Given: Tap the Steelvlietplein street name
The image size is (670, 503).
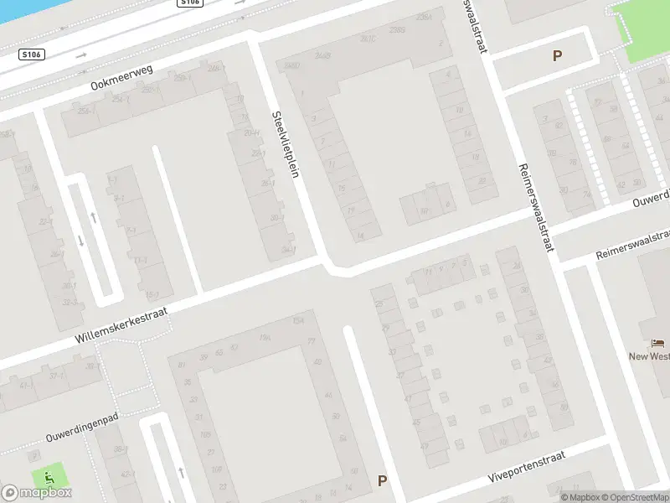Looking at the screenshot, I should coord(286,144).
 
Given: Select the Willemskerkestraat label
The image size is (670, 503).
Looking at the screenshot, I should coord(121,325).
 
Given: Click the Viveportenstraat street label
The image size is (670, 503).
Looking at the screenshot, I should coord(527,467).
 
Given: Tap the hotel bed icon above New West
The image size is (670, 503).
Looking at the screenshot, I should coord(658,344).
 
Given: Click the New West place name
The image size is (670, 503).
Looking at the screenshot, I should coord(650,356).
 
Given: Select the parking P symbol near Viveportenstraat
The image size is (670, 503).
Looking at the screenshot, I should coord(382,481).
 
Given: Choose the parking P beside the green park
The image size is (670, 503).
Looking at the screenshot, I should coord(557,57).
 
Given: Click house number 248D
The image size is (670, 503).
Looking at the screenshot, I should coord(292,65).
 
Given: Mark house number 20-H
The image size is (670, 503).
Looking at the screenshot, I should coord(250,132).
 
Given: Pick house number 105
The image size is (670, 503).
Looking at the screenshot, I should coord(205,434).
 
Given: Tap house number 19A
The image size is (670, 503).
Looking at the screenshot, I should coord(265,337).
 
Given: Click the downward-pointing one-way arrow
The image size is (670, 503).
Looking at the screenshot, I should coord(81,241).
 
